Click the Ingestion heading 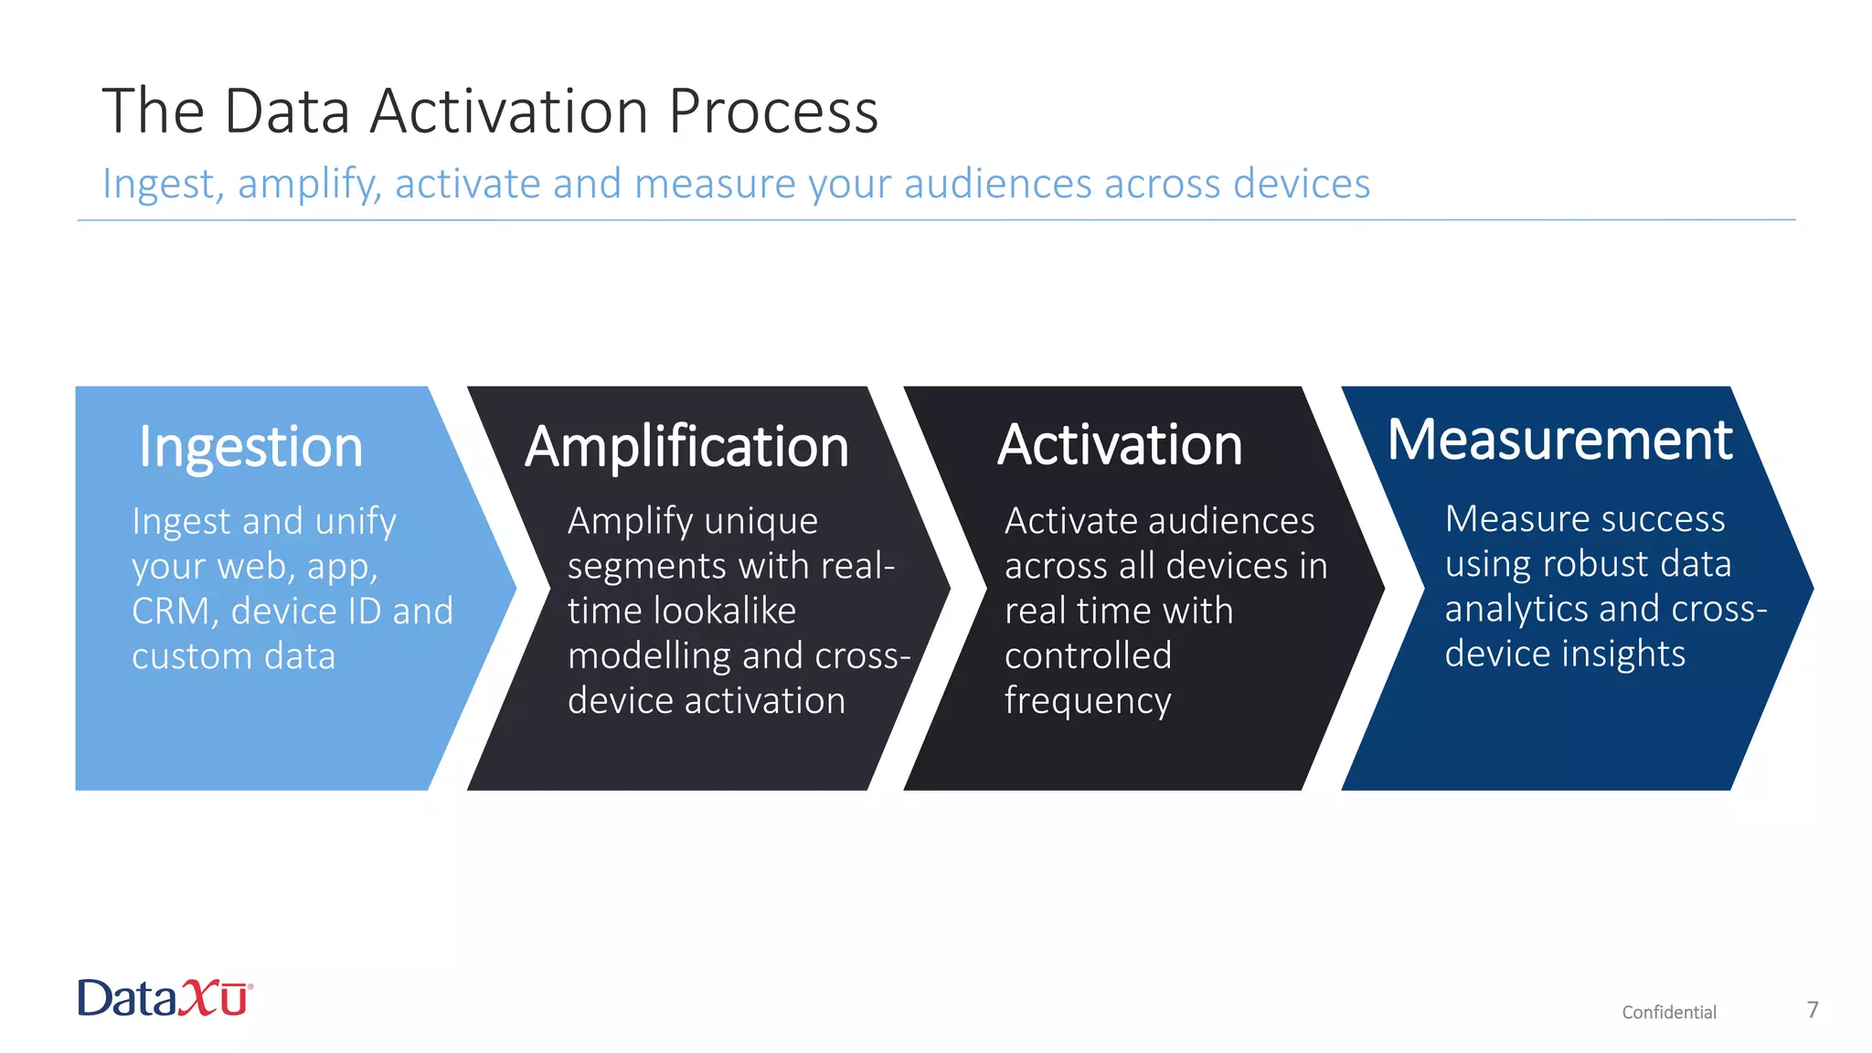[x=250, y=447]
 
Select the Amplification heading [x=686, y=447]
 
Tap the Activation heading [x=1120, y=445]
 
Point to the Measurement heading [x=1559, y=440]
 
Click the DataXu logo [x=165, y=998]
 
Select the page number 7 [x=1813, y=1009]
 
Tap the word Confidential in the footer [x=1669, y=1012]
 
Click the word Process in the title [x=773, y=112]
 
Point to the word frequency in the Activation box [x=1088, y=701]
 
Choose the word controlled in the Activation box [x=1088, y=655]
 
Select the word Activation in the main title [x=509, y=112]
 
